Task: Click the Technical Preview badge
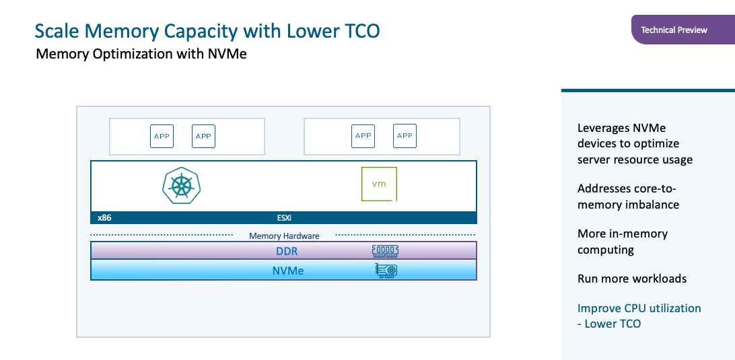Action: pyautogui.click(x=674, y=30)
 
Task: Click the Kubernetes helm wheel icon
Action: pyautogui.click(x=181, y=185)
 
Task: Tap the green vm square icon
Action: pyautogui.click(x=379, y=184)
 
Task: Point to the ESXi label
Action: pyautogui.click(x=284, y=218)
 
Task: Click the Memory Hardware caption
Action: pyautogui.click(x=284, y=236)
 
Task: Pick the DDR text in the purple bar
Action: pyautogui.click(x=287, y=251)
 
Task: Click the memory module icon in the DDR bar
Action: pyautogui.click(x=385, y=251)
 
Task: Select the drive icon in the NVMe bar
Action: pyautogui.click(x=386, y=271)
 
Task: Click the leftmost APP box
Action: pyautogui.click(x=162, y=136)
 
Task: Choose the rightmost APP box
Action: pyautogui.click(x=405, y=136)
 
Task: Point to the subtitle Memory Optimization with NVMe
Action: pyautogui.click(x=141, y=54)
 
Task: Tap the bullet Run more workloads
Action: pyautogui.click(x=632, y=279)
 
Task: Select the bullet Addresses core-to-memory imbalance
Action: pyautogui.click(x=628, y=196)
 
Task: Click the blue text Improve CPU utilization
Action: pyautogui.click(x=639, y=308)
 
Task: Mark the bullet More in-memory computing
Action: pyautogui.click(x=622, y=242)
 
